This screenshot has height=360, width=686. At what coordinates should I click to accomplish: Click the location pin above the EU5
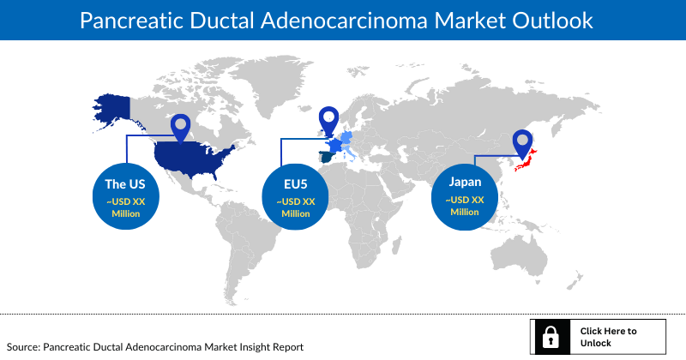pyautogui.click(x=328, y=119)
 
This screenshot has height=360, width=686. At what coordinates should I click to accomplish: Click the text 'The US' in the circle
pyautogui.click(x=124, y=184)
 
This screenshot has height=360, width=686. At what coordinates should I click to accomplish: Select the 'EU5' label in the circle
pyautogui.click(x=295, y=184)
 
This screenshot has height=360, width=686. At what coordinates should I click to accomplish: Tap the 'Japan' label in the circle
pyautogui.click(x=465, y=182)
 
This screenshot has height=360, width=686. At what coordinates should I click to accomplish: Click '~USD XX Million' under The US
pyautogui.click(x=124, y=207)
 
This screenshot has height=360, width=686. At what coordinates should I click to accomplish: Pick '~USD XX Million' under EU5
pyautogui.click(x=295, y=207)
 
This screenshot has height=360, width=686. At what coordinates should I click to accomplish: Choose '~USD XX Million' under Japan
pyautogui.click(x=465, y=206)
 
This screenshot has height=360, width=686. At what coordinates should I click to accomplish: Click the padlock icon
pyautogui.click(x=551, y=336)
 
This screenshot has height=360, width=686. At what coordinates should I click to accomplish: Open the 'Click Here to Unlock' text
pyautogui.click(x=608, y=336)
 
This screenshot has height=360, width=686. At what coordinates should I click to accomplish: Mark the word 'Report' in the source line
pyautogui.click(x=287, y=347)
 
